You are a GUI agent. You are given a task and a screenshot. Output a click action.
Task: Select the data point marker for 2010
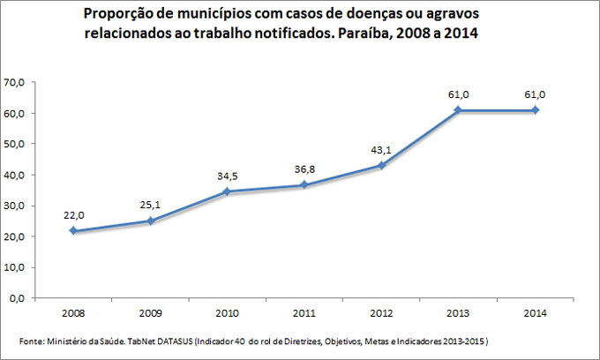click(x=227, y=191)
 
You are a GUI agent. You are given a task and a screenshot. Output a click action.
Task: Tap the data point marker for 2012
click(x=381, y=165)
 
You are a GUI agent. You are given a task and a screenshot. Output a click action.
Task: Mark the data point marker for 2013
click(x=459, y=110)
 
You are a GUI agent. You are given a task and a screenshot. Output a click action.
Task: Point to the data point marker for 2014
click(x=536, y=110)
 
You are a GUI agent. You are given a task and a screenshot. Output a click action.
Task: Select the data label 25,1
click(x=150, y=205)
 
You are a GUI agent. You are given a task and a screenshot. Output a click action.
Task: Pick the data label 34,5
click(x=228, y=176)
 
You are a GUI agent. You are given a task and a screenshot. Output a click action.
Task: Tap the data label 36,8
click(x=304, y=169)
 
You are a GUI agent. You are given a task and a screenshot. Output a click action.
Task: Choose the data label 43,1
click(x=381, y=149)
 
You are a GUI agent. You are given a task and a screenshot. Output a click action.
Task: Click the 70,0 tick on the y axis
click(x=14, y=82)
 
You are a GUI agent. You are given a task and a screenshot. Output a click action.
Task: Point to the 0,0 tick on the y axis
click(x=17, y=298)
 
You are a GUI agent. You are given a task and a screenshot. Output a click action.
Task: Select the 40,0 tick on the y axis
click(x=14, y=175)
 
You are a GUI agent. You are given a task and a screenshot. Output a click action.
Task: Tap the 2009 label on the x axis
click(x=150, y=312)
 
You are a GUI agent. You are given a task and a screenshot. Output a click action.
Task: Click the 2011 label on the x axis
click(x=304, y=312)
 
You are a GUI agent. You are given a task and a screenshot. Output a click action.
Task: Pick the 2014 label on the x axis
click(x=536, y=312)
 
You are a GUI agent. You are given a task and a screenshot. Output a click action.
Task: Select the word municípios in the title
click(x=206, y=15)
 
